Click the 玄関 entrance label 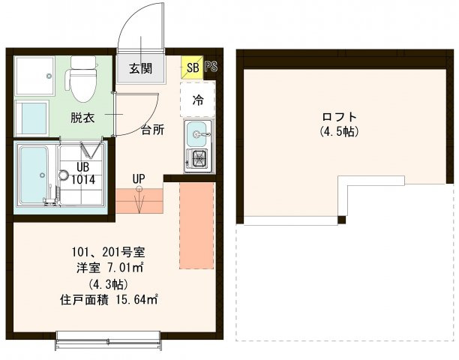(140, 68)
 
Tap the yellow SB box (191, 67)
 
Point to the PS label (211, 67)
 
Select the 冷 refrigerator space (198, 98)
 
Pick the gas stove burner (199, 159)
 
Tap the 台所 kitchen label (153, 128)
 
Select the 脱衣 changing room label (82, 117)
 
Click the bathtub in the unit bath (31, 176)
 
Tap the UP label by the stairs (139, 178)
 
